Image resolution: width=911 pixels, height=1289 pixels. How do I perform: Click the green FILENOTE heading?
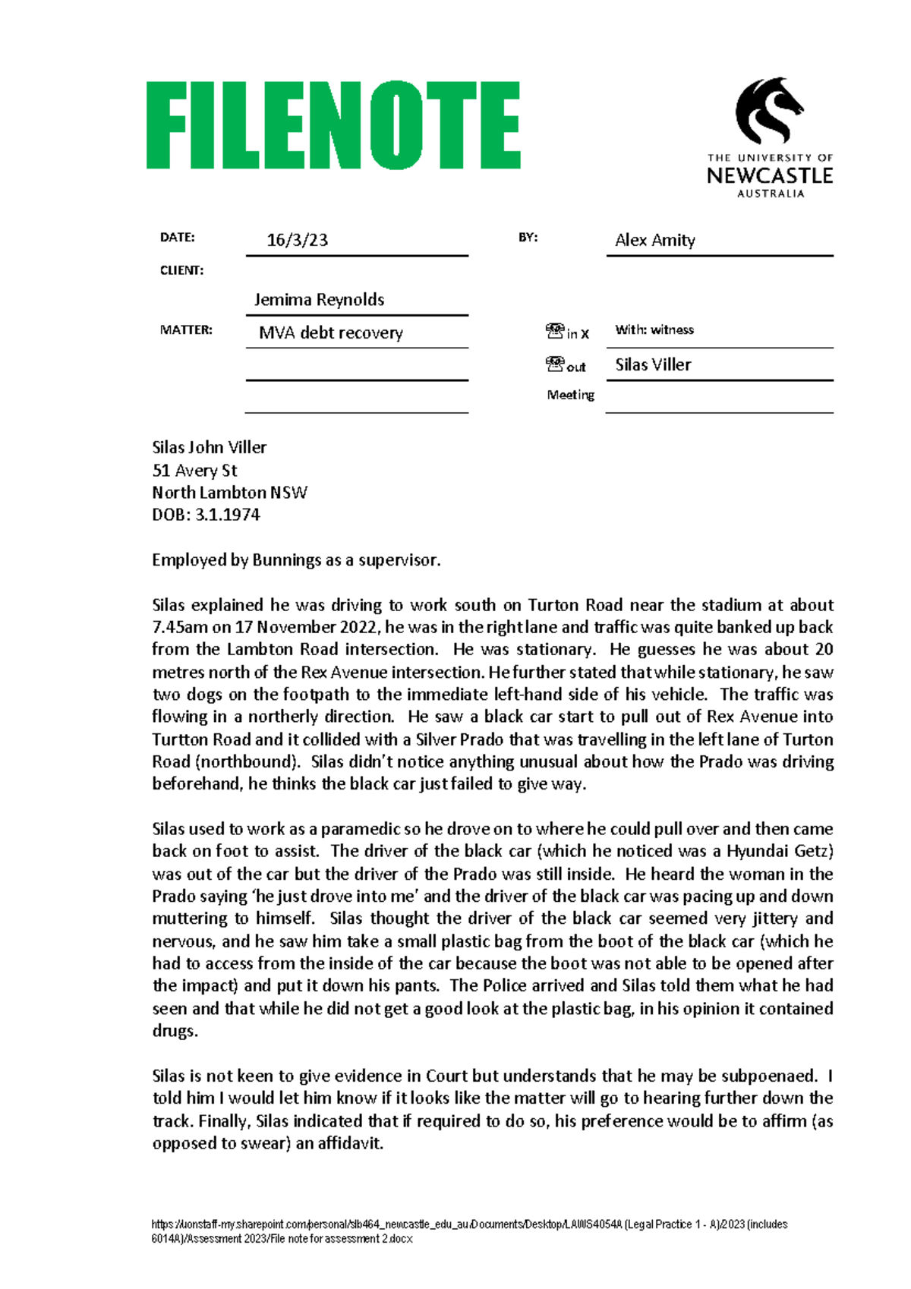[333, 125]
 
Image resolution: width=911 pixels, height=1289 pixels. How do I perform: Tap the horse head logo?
[768, 110]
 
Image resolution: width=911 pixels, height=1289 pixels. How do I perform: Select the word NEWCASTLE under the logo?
[770, 176]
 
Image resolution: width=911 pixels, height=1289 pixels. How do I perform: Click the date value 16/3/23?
[298, 241]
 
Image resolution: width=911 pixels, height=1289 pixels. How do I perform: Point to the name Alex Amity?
[654, 241]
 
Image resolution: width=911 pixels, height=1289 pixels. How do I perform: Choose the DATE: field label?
[177, 238]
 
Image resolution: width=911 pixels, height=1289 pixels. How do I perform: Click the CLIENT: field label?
[181, 270]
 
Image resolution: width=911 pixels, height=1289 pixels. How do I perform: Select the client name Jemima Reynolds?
[319, 300]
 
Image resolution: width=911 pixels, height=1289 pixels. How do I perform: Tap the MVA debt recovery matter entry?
[330, 332]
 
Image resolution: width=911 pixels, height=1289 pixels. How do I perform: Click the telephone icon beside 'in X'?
[555, 331]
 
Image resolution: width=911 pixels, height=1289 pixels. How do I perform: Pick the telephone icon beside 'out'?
[555, 364]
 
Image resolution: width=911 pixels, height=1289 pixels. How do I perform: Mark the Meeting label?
[571, 395]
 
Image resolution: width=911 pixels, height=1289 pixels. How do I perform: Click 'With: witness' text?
[654, 330]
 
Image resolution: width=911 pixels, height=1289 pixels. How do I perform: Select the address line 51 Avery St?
[195, 471]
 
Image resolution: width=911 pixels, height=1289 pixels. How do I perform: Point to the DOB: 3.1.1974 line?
[206, 515]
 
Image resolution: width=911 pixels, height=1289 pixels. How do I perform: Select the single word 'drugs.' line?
[175, 1031]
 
